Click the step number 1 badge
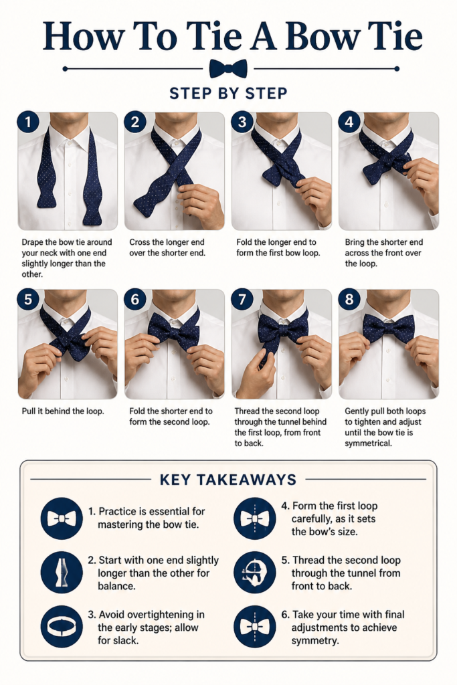pyautogui.click(x=28, y=122)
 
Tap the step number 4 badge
pyautogui.click(x=349, y=122)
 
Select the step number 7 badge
pyautogui.click(x=242, y=299)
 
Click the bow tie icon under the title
pyautogui.click(x=228, y=69)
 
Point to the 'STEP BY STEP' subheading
pyautogui.click(x=229, y=93)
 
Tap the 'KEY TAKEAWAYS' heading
pyautogui.click(x=228, y=479)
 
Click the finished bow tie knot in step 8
pyautogui.click(x=388, y=328)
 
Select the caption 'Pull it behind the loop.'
pyautogui.click(x=63, y=411)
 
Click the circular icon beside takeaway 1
pyautogui.click(x=62, y=518)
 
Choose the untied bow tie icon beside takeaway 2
pyautogui.click(x=62, y=573)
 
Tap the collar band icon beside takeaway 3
pyautogui.click(x=62, y=626)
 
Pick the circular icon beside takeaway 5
pyautogui.click(x=255, y=573)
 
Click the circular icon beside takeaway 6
pyautogui.click(x=255, y=626)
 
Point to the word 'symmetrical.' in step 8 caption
pyautogui.click(x=368, y=444)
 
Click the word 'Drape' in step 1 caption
pyautogui.click(x=32, y=242)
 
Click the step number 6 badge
pyautogui.click(x=135, y=299)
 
